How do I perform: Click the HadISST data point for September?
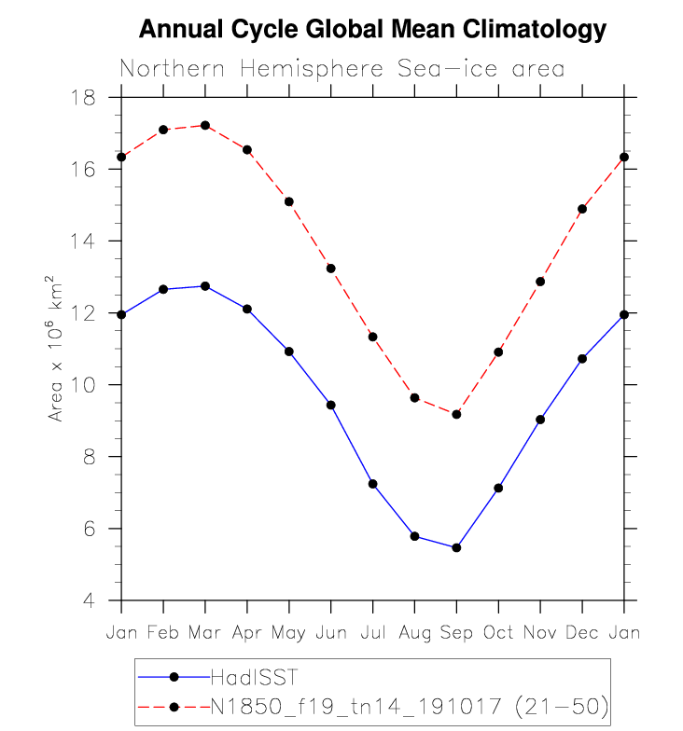pos(456,547)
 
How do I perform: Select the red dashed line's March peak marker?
pos(204,125)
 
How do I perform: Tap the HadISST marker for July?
pos(372,484)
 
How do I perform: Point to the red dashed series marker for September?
pos(456,414)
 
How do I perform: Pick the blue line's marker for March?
pos(204,286)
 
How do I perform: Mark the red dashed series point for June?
pos(330,269)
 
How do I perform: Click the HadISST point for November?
pos(540,420)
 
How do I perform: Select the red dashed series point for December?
pos(582,209)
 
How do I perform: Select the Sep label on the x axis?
pos(456,633)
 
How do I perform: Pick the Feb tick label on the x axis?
pos(162,633)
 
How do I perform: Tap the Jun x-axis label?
pos(330,633)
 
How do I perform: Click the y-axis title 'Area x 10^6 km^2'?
pos(56,349)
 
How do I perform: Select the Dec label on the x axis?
pos(582,633)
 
